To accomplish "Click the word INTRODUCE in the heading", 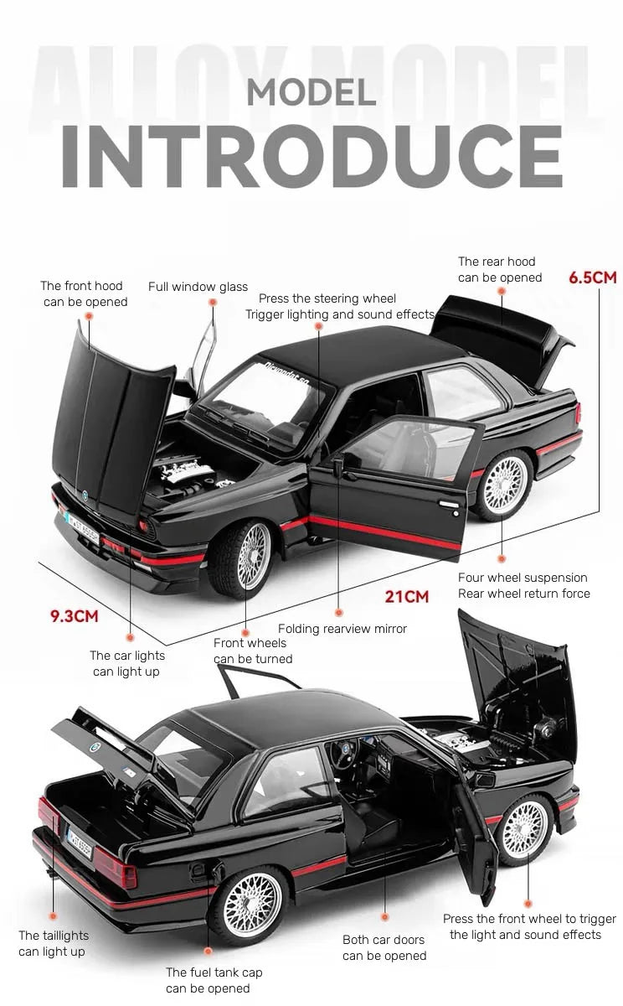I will pyautogui.click(x=311, y=157).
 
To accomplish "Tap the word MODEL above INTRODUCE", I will pyautogui.click(x=311, y=92).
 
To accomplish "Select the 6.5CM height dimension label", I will pyautogui.click(x=592, y=277).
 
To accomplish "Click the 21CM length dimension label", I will pyautogui.click(x=406, y=597).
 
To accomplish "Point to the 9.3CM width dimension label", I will pyautogui.click(x=75, y=616).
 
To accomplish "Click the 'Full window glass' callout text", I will pyautogui.click(x=198, y=287).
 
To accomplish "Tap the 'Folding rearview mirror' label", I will pyautogui.click(x=342, y=629).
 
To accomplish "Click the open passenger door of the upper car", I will pyautogui.click(x=394, y=486).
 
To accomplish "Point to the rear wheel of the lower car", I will pyautogui.click(x=252, y=904).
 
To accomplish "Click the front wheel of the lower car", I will pyautogui.click(x=524, y=830).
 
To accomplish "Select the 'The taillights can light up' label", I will pyautogui.click(x=53, y=943).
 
